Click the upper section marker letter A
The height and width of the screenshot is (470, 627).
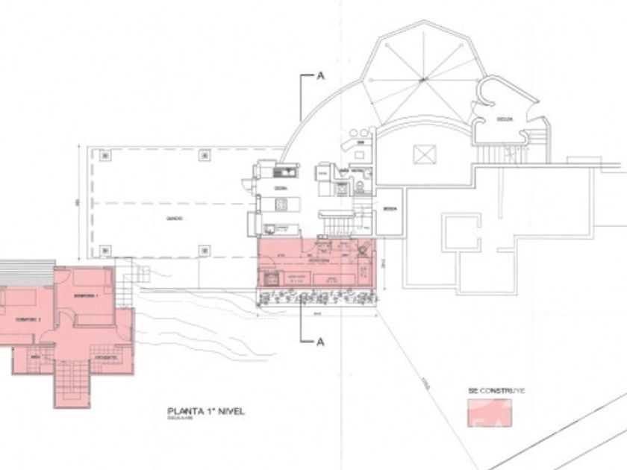tap(321, 75)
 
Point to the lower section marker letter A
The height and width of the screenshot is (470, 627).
tap(321, 342)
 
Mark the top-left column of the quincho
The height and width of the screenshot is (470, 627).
tap(105, 155)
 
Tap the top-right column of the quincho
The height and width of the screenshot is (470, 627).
tap(203, 155)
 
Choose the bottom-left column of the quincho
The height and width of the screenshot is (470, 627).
tap(105, 251)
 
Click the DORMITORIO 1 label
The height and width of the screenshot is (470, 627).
tap(87, 295)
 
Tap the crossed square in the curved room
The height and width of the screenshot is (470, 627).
tap(422, 154)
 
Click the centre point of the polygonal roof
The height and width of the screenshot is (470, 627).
tap(422, 81)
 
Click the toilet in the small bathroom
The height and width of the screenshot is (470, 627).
tap(359, 185)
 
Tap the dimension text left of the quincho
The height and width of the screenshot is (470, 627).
tap(77, 202)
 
